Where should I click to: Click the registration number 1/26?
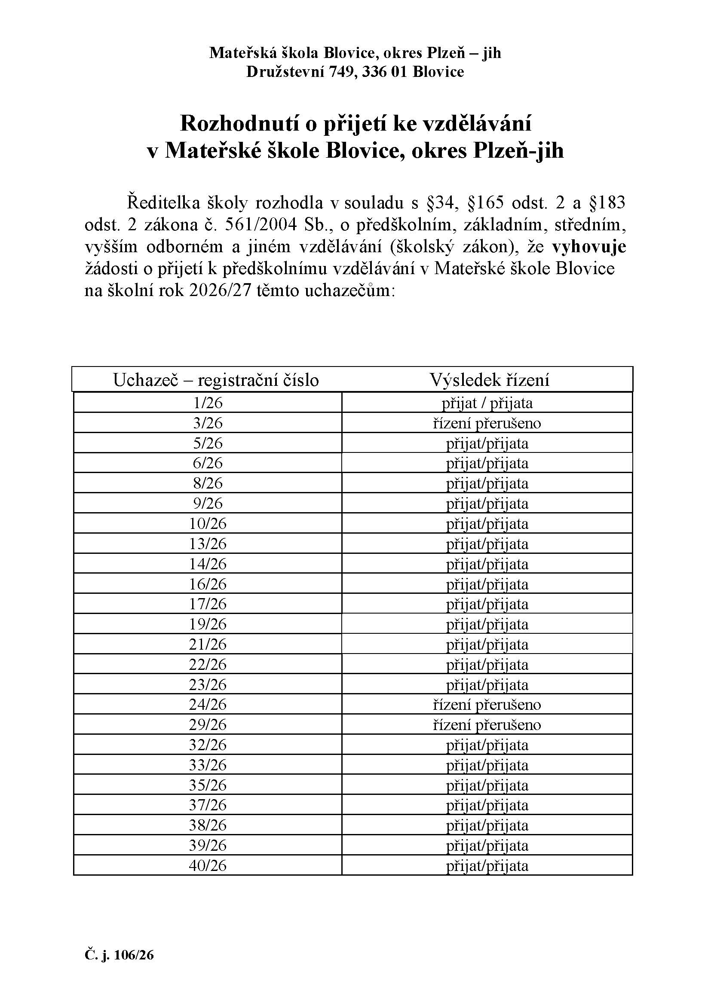pos(208,403)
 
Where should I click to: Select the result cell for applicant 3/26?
pos(487,423)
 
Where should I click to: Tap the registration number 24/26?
pos(208,704)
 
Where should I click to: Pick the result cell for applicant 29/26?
pos(487,724)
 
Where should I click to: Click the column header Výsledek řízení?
pos(489,379)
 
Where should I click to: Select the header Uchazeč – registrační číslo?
pos(216,379)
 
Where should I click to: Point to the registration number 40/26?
pos(208,865)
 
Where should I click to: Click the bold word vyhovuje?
pos(589,247)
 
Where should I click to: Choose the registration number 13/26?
pos(208,544)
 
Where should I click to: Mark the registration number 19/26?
pos(208,624)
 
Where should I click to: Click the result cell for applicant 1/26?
pos(487,403)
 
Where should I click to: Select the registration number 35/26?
pos(208,785)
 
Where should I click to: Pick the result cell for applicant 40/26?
pos(487,865)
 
